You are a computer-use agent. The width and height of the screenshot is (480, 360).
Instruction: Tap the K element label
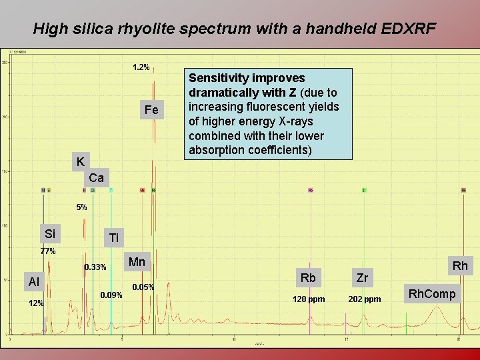tap(80, 162)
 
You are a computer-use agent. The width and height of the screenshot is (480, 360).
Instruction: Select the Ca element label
tap(96, 178)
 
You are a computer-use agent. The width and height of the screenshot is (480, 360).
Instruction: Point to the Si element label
tap(50, 233)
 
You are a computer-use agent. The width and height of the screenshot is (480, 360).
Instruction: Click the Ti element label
tap(114, 238)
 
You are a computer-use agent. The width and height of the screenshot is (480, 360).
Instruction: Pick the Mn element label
tap(137, 262)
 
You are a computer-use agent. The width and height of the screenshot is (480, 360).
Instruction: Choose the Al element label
tap(33, 282)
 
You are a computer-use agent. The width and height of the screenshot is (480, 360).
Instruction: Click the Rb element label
tap(308, 277)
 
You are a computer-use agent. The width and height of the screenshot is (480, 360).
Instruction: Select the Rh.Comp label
tap(432, 294)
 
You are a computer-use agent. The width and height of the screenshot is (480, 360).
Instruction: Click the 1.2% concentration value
tap(141, 67)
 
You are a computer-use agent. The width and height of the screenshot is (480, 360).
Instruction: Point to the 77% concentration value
tap(48, 251)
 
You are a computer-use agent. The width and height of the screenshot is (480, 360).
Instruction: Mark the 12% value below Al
tap(36, 303)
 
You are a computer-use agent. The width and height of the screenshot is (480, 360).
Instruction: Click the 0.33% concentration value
tap(95, 267)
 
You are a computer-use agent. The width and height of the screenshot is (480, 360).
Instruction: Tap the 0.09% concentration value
tap(111, 295)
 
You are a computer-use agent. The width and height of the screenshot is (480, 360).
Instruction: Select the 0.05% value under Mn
tap(143, 287)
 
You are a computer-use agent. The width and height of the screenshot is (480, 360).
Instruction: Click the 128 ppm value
tap(309, 299)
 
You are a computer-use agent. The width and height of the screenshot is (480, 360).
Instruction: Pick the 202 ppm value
tap(365, 299)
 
